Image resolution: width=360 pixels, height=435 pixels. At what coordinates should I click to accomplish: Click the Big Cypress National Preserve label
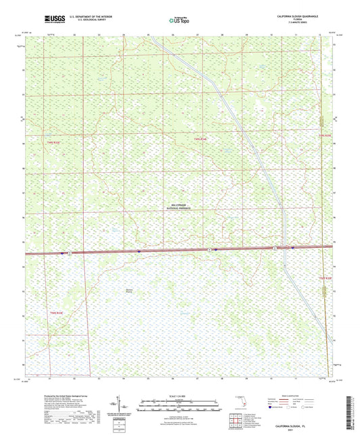pyautogui.click(x=177, y=207)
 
